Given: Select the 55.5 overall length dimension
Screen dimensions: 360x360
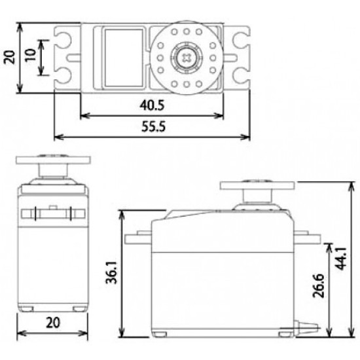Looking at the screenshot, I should tap(152, 128).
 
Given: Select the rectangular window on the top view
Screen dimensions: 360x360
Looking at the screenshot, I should tap(120, 58).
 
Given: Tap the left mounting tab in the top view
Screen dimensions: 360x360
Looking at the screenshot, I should tap(67, 58).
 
